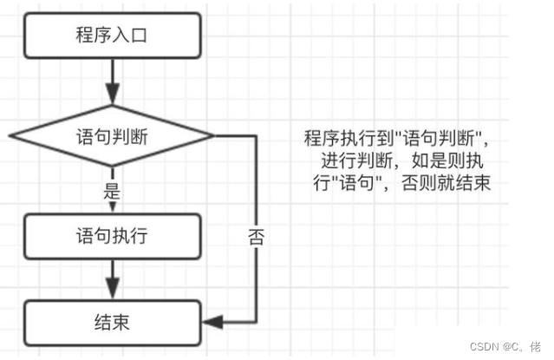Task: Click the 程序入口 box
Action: point(110,36)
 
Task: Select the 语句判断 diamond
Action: point(110,135)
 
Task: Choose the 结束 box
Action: point(110,323)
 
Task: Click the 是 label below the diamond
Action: point(110,193)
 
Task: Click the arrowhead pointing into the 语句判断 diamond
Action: point(111,95)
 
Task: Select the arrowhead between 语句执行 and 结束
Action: point(111,289)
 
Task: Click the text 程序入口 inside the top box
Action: point(110,36)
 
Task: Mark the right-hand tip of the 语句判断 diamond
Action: point(212,135)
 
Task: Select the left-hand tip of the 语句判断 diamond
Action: point(9,135)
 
